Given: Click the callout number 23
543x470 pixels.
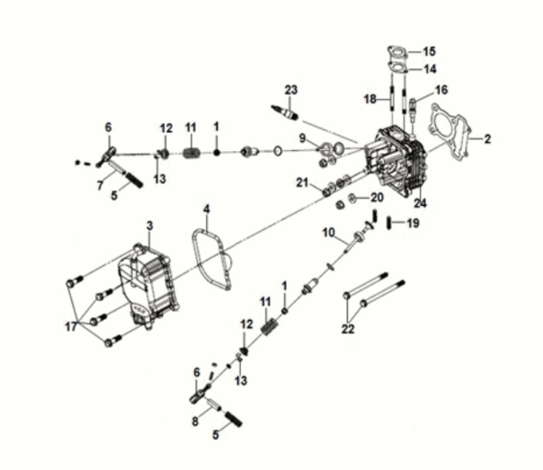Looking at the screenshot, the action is coord(291,90).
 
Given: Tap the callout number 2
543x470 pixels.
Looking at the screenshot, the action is coord(487,139).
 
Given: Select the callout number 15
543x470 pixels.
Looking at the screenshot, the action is coord(429,51).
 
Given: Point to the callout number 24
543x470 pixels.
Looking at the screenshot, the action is coord(420,203).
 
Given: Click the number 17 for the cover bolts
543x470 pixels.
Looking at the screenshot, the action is coord(71,326).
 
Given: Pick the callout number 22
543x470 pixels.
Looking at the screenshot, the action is coord(348,328).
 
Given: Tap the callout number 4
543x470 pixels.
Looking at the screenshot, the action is coord(207,209).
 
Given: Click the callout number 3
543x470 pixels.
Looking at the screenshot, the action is coord(149,226).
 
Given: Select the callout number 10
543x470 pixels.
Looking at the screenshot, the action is coord(329,233).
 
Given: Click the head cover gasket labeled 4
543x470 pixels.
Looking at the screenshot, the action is coord(212,260).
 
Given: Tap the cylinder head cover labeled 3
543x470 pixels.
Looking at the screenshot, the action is coord(149,287).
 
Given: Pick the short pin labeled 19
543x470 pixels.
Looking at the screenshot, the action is coord(389,223).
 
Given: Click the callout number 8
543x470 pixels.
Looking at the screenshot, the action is coord(195,421).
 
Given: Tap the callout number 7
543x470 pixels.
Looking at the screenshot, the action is coord(100,185).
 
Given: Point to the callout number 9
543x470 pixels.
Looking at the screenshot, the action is coord(303,138).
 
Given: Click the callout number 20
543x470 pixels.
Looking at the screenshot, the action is coord(377,198).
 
